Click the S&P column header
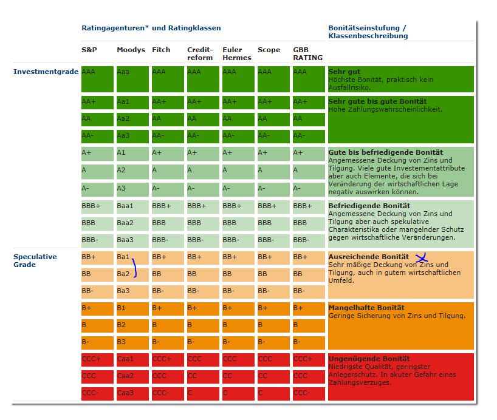[89, 50]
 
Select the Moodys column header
[131, 50]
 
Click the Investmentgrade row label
[46, 72]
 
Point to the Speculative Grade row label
[35, 260]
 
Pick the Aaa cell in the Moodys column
[132, 79]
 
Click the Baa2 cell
[132, 223]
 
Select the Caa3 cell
[132, 393]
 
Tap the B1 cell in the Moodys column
[132, 308]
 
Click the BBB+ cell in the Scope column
[273, 206]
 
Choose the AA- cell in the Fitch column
[167, 135]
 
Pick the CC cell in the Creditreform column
[202, 376]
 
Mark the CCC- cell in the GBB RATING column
[308, 393]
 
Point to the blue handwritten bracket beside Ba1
[134, 268]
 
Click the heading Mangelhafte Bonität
[366, 308]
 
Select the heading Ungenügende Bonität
[369, 359]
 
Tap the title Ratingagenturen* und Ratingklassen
[151, 28]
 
